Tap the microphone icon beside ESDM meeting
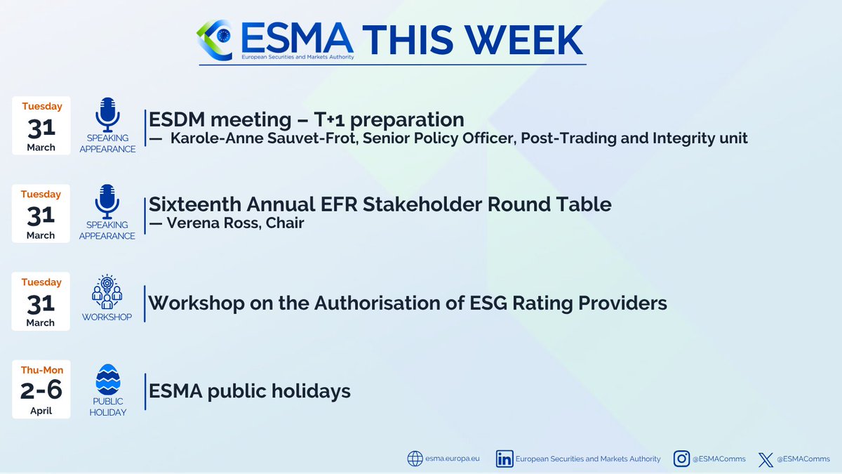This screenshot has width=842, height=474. [x=107, y=114]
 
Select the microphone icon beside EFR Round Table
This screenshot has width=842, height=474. [x=107, y=202]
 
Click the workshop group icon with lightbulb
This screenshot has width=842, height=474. [x=107, y=292]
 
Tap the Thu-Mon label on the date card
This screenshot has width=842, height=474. [x=41, y=369]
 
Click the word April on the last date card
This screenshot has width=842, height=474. [x=41, y=411]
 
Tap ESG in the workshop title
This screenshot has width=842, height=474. [x=516, y=303]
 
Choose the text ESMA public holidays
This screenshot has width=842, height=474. [x=249, y=390]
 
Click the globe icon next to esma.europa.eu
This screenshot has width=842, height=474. [x=415, y=459]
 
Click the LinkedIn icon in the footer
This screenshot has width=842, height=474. [x=504, y=459]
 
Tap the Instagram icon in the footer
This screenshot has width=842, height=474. [x=681, y=459]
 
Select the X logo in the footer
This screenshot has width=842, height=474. [x=766, y=459]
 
